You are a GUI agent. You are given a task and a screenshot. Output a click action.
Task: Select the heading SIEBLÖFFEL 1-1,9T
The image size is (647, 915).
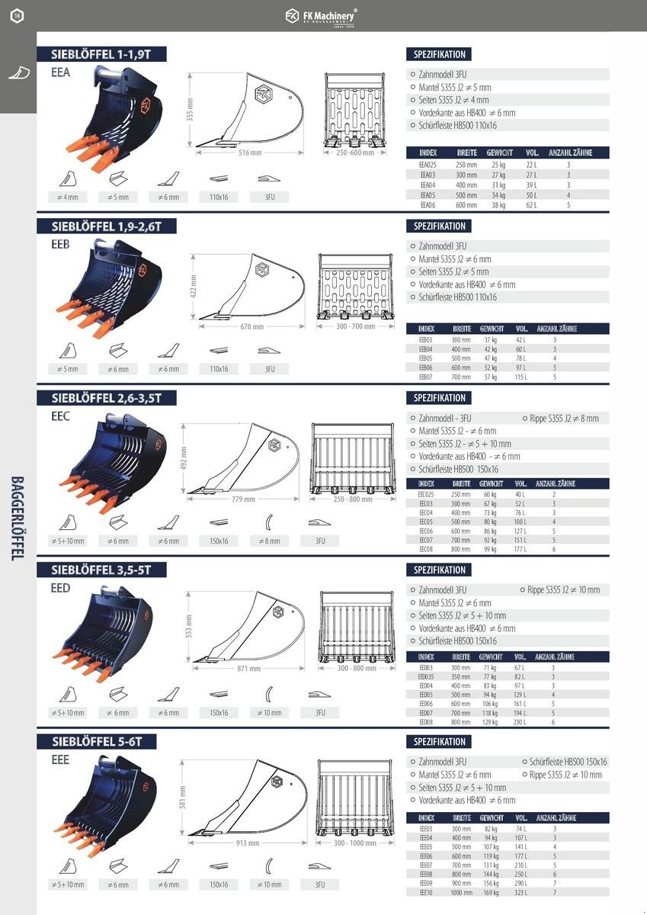[x=102, y=54]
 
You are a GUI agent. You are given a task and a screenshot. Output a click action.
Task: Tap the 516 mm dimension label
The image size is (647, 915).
[x=245, y=152]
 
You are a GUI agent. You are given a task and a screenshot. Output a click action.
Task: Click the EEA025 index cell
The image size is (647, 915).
[x=428, y=165]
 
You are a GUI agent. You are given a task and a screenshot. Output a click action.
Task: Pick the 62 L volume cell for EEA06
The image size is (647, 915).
[x=531, y=205]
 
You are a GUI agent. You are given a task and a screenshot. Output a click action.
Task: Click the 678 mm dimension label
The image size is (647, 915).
[x=252, y=326]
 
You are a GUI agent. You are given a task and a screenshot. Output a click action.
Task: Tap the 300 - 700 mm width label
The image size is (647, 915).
[x=356, y=326]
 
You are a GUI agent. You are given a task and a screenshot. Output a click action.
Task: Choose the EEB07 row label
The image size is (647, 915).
[x=426, y=377]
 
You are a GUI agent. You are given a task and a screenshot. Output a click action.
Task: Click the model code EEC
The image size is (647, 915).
[x=61, y=416]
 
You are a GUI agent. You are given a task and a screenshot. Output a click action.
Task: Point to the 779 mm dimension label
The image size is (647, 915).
[x=245, y=499]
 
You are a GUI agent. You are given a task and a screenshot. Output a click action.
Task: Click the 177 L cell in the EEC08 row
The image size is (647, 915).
[x=520, y=549]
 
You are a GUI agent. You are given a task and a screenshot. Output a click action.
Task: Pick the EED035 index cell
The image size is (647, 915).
[x=426, y=676]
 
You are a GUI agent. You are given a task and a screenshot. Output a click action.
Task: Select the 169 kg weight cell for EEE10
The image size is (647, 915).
[x=490, y=892]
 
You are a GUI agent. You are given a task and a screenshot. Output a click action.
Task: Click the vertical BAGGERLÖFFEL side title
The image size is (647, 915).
[x=17, y=518]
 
